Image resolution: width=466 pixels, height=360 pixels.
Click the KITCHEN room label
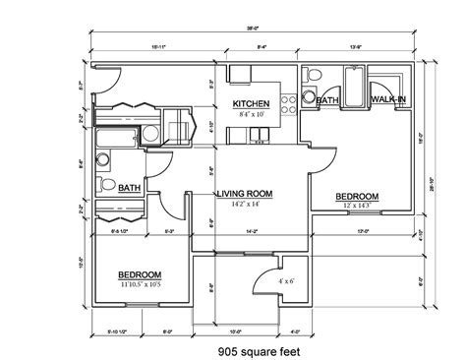pyautogui.click(x=250, y=103)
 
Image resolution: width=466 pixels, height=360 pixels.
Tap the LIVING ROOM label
pyautogui.click(x=245, y=193)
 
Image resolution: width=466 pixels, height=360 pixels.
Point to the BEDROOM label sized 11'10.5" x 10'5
pyautogui.click(x=140, y=275)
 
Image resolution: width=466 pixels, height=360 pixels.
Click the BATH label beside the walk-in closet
pyautogui.click(x=327, y=99)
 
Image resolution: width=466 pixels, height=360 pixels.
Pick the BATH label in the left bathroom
pyautogui.click(x=129, y=187)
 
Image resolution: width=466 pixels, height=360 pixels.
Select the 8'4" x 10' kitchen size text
pyautogui.click(x=250, y=114)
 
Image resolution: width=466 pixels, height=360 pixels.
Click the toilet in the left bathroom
pyautogui.click(x=105, y=184)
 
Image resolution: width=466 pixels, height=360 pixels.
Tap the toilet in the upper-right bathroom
pyautogui.click(x=311, y=78)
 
